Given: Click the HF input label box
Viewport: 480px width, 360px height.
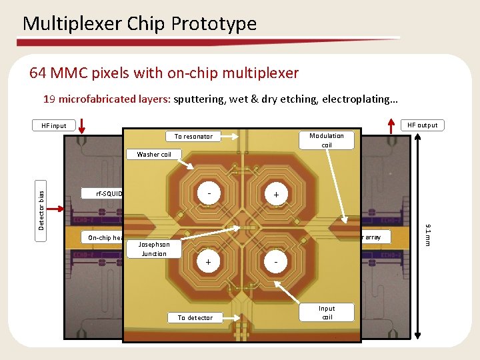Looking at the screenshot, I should (x=54, y=125).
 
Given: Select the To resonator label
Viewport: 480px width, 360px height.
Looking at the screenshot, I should (x=193, y=137).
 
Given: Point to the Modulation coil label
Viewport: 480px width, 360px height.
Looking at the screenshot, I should (x=327, y=140).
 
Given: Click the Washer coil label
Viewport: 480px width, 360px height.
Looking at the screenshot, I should (x=154, y=155).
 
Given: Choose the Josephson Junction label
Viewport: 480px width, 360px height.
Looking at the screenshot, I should (x=154, y=249).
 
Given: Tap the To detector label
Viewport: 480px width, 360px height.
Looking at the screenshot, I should (x=195, y=317).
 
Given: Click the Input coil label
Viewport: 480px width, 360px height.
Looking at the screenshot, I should (x=327, y=313).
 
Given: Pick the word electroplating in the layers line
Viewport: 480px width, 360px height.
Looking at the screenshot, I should (x=360, y=100).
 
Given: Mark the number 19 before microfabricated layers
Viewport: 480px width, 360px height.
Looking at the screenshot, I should (x=49, y=100).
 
